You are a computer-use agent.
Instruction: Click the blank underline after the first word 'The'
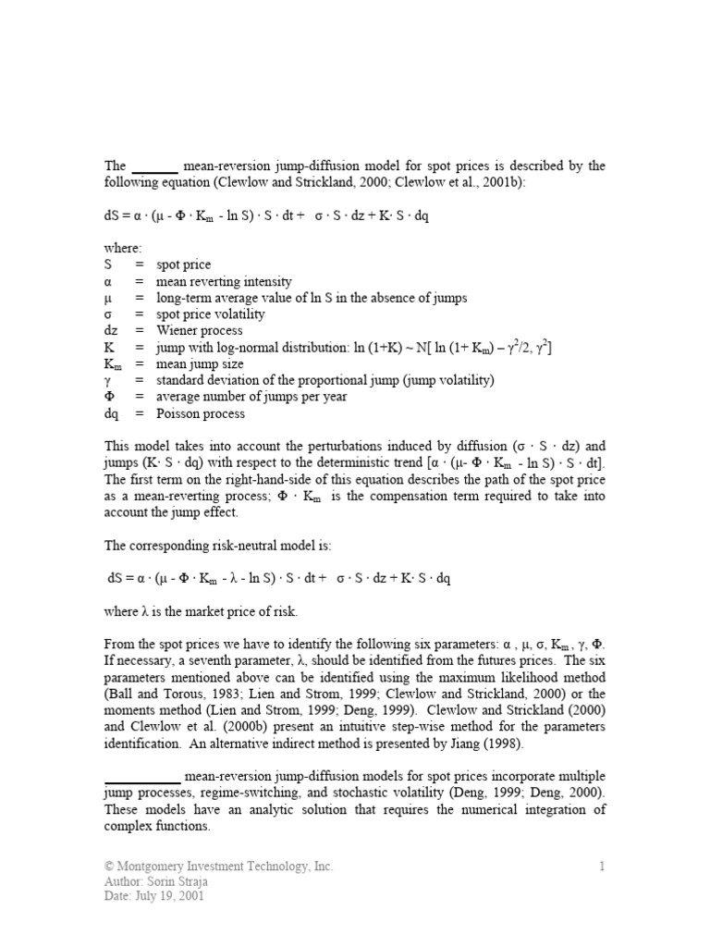[x=154, y=167]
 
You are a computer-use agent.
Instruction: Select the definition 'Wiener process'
[x=200, y=330]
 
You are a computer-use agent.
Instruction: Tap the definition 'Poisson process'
[x=201, y=413]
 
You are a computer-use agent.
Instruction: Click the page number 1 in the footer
[x=601, y=867]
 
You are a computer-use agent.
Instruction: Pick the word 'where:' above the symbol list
[x=123, y=248]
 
